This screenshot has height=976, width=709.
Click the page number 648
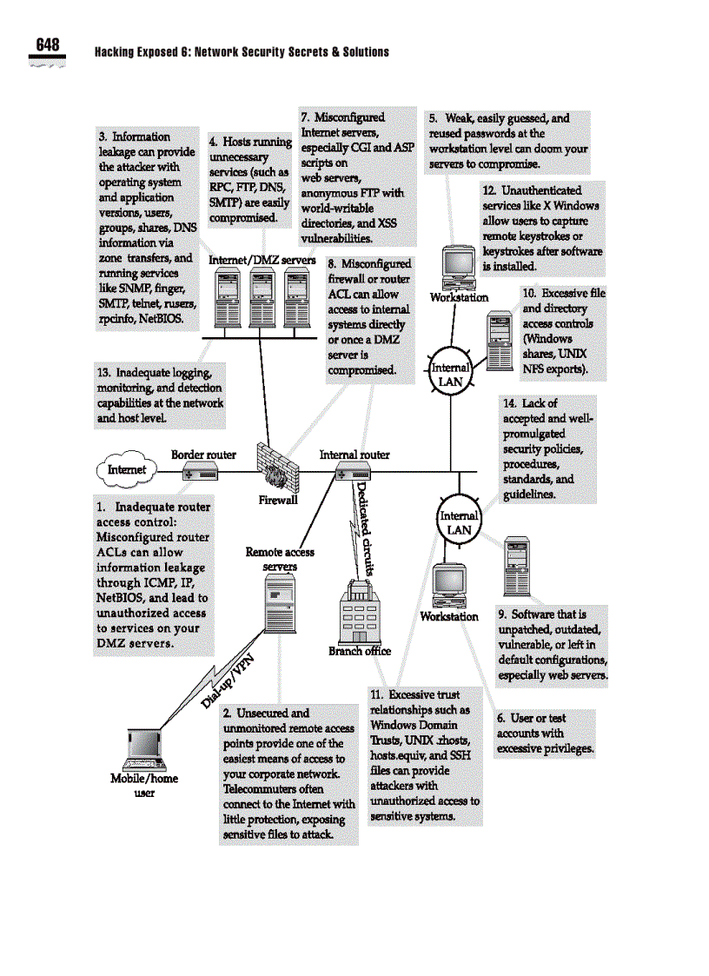coord(48,45)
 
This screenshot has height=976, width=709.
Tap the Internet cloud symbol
coord(127,470)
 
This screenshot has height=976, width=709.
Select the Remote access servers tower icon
coord(279,612)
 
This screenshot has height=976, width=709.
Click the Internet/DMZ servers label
coord(262,260)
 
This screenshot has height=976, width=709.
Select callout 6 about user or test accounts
coord(545,733)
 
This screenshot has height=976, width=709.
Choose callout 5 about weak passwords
coord(508,141)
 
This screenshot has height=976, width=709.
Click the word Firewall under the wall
coord(278,500)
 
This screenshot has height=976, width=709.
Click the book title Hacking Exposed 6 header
coord(242,52)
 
